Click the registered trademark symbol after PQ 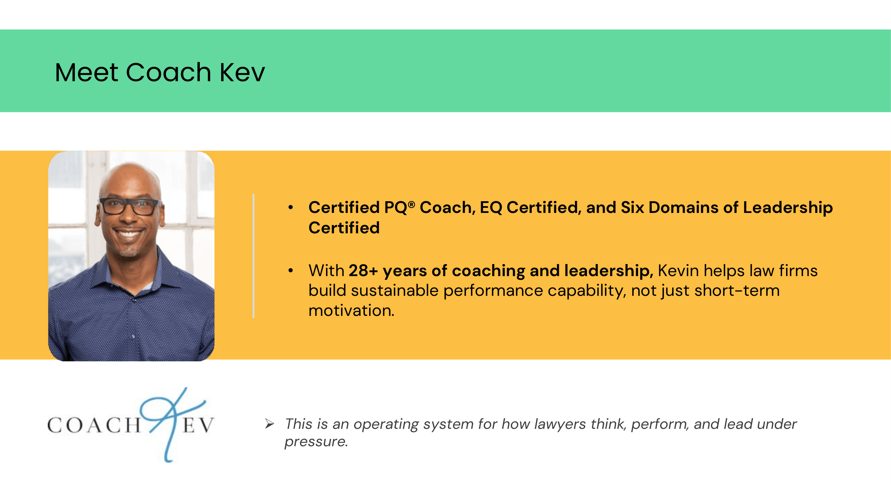411,204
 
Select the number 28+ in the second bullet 363,270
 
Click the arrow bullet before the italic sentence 270,423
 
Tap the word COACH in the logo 94,425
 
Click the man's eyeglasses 130,207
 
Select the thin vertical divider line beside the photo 254,256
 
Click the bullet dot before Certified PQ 291,208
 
